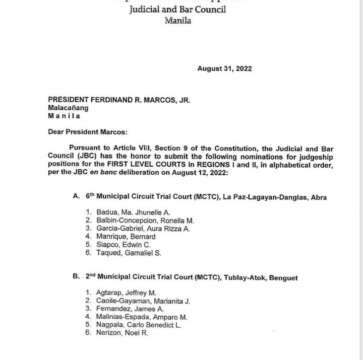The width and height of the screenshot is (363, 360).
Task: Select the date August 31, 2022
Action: click(x=224, y=68)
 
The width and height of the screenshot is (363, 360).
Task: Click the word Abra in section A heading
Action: click(x=318, y=197)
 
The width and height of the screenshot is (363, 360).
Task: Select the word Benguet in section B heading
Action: click(x=283, y=277)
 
